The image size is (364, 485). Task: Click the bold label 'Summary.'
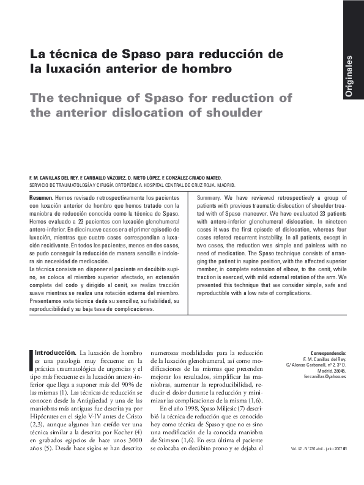point(209,199)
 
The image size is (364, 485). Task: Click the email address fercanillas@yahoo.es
point(324,377)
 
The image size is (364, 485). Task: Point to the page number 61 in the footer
point(345,448)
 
